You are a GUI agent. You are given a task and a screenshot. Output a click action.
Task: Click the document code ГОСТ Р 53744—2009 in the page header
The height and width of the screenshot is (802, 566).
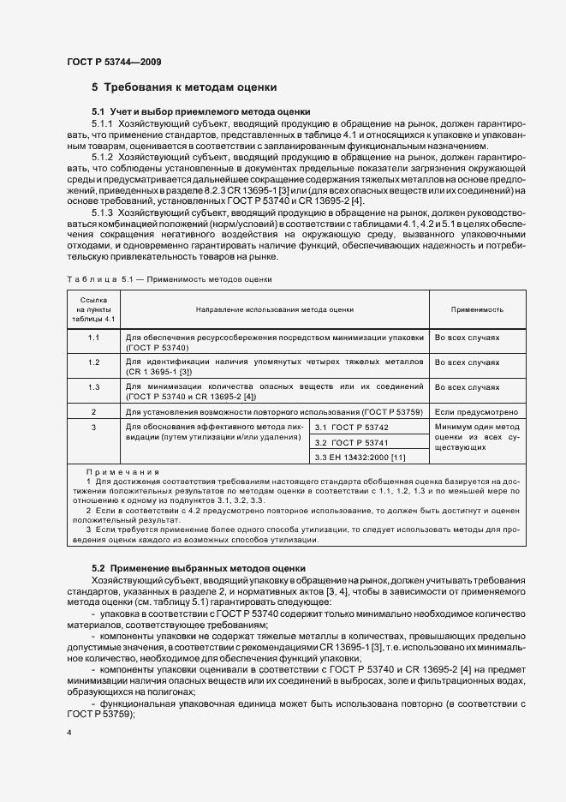coord(112,62)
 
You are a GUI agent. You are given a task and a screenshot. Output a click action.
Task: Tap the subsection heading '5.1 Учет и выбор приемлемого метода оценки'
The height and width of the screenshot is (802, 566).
coord(200,112)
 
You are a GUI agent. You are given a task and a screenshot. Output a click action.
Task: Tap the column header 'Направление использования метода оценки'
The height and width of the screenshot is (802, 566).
coord(275,309)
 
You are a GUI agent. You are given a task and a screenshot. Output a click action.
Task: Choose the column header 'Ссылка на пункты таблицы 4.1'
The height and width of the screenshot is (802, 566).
coord(94,309)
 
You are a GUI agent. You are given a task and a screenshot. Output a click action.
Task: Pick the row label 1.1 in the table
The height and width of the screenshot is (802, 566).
coord(94,338)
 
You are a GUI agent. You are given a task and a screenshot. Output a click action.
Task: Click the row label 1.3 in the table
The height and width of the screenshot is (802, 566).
coord(94,386)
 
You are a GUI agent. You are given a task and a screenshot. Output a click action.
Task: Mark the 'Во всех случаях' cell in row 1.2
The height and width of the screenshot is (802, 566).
coord(467,362)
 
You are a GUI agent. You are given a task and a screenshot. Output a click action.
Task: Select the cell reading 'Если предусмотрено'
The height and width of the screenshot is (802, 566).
coord(476,411)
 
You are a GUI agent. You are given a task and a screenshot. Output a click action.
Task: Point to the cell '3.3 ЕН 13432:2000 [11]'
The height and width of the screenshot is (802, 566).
coord(360,458)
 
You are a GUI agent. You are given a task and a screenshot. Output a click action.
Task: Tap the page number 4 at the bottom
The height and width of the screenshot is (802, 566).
coord(69,733)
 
